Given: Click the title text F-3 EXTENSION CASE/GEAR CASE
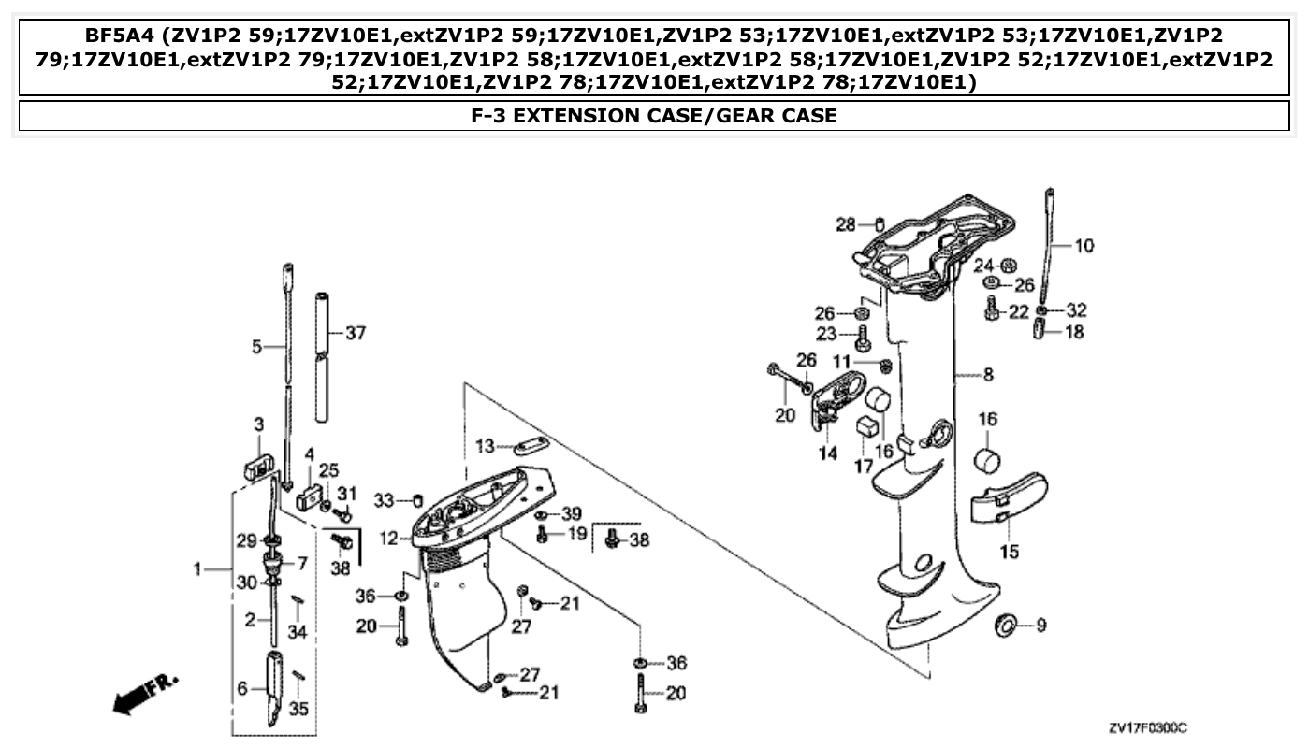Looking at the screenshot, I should tap(654, 116).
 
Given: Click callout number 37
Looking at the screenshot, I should tap(356, 333).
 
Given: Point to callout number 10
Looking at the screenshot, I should tap(1084, 246).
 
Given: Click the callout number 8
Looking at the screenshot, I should tap(988, 375).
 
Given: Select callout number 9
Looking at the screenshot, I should tap(1040, 626).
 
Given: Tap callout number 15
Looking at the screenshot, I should tap(1009, 552).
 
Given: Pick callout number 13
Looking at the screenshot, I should tap(484, 447).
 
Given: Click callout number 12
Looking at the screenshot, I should tap(390, 539).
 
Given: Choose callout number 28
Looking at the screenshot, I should tap(845, 224).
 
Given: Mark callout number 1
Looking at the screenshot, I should tap(197, 568).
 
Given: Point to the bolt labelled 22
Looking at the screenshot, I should tap(992, 311).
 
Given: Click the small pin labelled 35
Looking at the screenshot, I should tap(298, 676).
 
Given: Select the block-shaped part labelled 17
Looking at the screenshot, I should tap(866, 427).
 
